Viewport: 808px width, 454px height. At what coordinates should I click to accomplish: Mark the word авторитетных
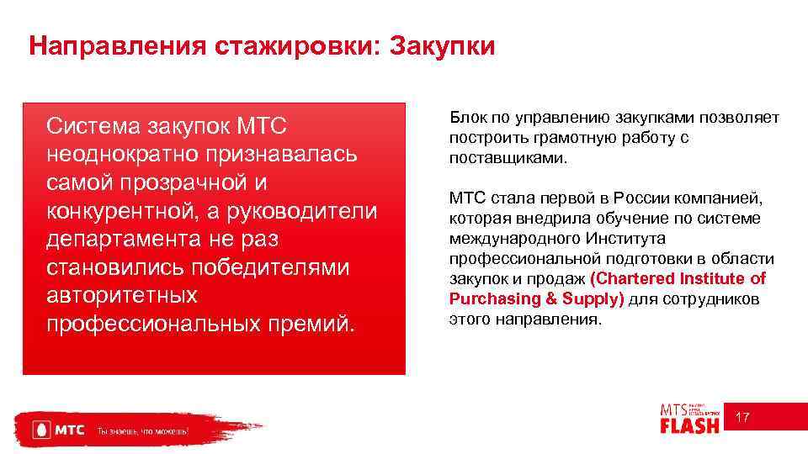122,296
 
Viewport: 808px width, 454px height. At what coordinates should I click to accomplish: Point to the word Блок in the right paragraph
466,119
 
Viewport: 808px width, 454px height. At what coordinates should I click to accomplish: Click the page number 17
742,418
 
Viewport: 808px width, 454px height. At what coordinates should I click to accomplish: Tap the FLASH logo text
689,425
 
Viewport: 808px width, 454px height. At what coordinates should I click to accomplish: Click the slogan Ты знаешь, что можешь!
143,431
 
